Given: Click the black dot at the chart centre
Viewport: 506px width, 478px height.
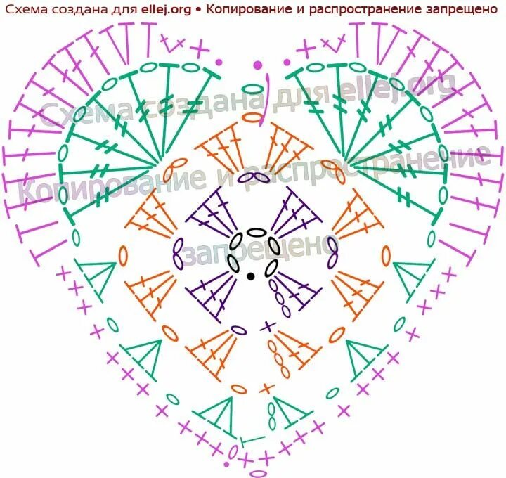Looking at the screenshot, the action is [x=251, y=276].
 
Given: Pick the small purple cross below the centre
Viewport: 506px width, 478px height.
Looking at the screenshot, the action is [x=268, y=326].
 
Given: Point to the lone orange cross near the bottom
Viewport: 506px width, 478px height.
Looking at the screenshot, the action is [x=265, y=389].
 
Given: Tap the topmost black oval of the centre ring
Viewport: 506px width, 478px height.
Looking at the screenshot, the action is [x=257, y=233].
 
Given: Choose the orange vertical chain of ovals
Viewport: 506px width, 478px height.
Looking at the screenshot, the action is [x=280, y=354].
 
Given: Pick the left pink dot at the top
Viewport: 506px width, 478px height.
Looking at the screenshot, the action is [x=219, y=62].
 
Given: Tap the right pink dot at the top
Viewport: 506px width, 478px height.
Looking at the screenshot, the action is [x=287, y=63].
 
